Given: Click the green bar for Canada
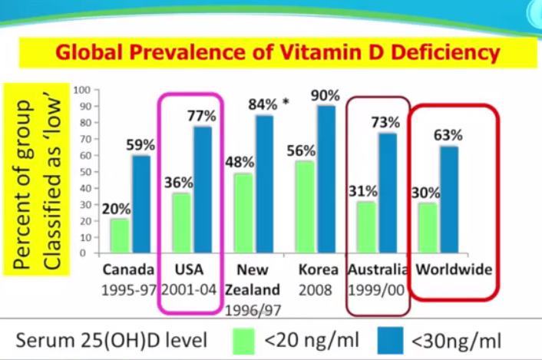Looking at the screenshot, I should [x=119, y=236].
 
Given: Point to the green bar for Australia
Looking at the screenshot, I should [x=366, y=227].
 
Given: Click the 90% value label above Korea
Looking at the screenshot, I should [x=324, y=95].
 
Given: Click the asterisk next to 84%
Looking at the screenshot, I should [x=286, y=101].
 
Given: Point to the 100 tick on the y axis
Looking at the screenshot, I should [x=83, y=91].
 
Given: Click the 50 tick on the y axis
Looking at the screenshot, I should [x=85, y=172].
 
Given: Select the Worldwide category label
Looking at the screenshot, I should [x=454, y=270].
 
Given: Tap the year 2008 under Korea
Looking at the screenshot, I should [x=316, y=292].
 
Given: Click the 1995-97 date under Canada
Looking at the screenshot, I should [x=127, y=292].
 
